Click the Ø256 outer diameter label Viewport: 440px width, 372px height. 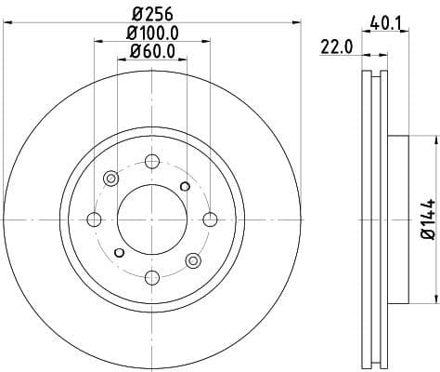click(152, 15)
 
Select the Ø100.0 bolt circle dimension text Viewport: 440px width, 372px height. click(152, 33)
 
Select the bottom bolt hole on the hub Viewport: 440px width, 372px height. click(152, 277)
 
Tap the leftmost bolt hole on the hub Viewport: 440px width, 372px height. click(94, 219)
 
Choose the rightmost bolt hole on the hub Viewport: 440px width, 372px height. click(211, 219)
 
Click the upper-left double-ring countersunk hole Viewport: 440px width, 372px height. click(111, 179)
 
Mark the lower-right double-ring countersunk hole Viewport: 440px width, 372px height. click(193, 260)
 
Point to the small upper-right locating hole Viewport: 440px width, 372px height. click(185, 187)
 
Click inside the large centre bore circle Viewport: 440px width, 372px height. click(152, 219)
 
